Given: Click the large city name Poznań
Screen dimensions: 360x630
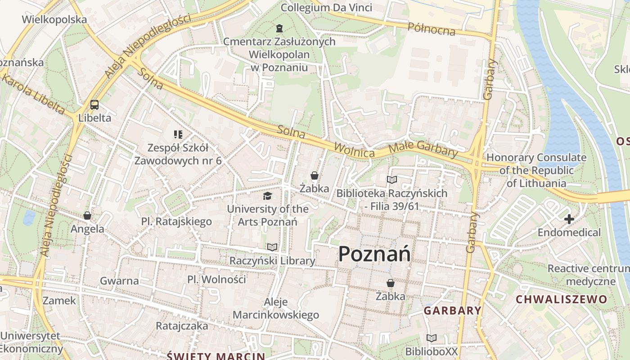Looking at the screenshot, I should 374,254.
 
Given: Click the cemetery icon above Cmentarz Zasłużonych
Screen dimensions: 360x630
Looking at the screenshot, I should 279,29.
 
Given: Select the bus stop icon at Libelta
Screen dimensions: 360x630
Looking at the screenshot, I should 94,105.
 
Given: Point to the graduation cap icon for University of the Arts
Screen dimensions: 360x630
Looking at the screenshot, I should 268,196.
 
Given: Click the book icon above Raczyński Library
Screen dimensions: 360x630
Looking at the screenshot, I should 272,247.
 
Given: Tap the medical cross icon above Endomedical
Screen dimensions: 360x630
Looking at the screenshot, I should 569,220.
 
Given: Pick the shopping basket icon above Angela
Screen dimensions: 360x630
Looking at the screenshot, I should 87,216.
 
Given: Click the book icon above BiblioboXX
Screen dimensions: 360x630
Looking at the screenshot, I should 432,338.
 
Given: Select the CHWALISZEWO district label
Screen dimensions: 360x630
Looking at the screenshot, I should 561,299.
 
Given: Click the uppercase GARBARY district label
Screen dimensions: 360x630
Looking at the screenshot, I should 453,310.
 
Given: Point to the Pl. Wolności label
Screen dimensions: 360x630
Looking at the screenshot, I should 216,279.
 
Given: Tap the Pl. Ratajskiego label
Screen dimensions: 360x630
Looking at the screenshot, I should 176,221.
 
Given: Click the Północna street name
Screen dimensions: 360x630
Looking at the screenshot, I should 431,29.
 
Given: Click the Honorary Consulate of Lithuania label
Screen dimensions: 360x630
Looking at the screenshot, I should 536,171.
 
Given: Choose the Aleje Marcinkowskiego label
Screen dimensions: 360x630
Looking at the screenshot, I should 276,308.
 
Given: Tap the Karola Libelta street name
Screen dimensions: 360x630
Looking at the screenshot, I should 32,94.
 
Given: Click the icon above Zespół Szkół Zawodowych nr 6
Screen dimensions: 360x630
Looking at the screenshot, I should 178,134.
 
